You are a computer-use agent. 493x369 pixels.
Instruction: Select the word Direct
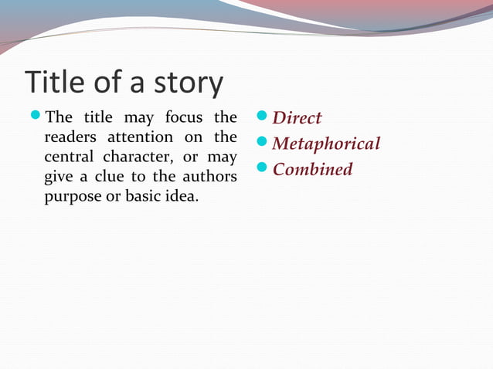tap(297, 118)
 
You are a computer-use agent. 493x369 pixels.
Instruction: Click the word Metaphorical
tap(326, 144)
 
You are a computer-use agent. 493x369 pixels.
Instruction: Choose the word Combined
tap(312, 169)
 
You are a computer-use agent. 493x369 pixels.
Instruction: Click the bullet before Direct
tap(261, 117)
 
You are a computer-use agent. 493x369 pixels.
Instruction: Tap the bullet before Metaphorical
tap(261, 143)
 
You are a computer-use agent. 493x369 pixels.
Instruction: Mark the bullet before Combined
tap(261, 168)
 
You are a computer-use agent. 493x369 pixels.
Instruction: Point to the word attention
tap(138, 137)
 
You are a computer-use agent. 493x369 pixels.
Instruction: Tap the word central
tap(68, 157)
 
